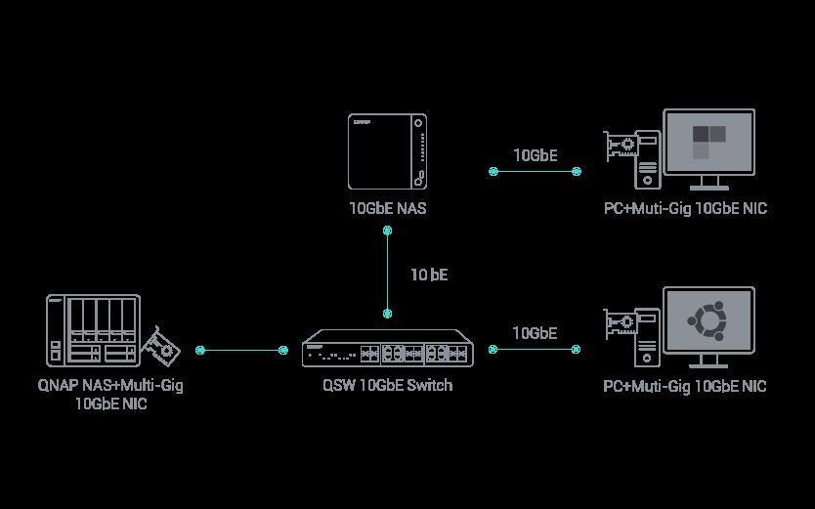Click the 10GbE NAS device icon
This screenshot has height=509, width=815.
coord(388,151)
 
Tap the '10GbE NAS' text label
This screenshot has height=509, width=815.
coord(388,208)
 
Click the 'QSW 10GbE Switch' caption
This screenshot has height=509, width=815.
coord(388,385)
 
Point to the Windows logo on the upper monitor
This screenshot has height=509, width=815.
coord(708,142)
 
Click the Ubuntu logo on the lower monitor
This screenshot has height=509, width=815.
coord(708,319)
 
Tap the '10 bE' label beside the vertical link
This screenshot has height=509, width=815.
coord(428,275)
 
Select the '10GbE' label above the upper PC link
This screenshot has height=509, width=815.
coord(535,154)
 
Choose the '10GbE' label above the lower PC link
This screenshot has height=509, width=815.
coord(535,333)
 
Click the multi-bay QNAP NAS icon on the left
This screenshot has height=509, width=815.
coord(93,331)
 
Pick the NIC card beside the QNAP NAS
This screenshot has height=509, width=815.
coord(160,347)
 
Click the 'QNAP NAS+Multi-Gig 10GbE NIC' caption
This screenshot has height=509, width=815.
coord(110,394)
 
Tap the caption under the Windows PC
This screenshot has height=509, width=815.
coord(684,208)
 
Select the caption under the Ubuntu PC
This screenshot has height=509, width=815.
coord(684,386)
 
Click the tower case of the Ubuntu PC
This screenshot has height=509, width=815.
coord(647,337)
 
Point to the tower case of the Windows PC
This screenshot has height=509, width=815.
coord(647,159)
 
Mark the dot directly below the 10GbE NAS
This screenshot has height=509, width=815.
coord(388,231)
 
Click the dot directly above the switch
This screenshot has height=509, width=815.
coord(388,314)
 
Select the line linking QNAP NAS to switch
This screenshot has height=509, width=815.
coord(241,349)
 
